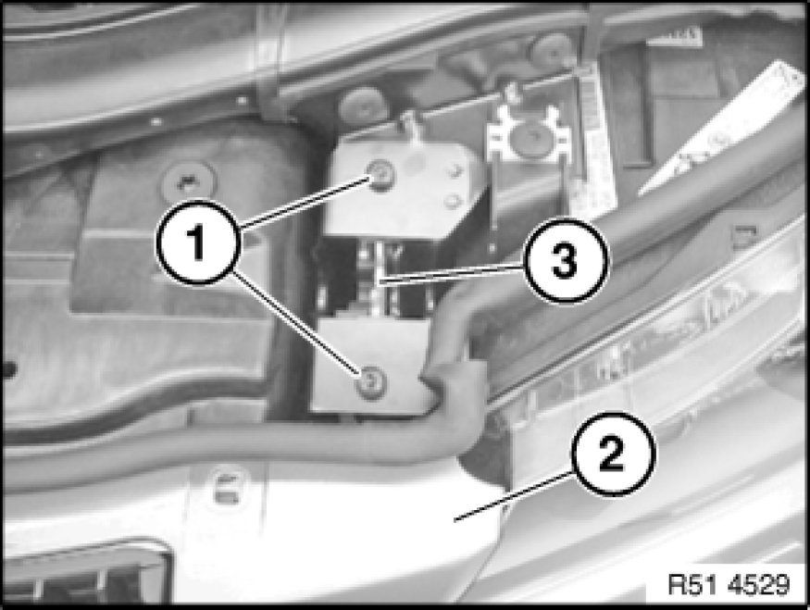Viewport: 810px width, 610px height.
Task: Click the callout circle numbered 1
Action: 198,243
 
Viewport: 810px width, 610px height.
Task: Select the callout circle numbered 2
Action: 613,454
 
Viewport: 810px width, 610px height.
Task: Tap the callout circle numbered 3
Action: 567,260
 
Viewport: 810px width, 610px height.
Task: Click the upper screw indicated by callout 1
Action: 380,175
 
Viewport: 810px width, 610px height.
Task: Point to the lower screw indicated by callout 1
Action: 371,382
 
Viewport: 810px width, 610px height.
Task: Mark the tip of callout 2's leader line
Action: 455,520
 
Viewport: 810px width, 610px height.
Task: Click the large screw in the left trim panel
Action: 189,181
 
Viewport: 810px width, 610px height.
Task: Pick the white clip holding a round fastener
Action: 527,135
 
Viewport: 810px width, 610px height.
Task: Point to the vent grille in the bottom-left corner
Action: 85,572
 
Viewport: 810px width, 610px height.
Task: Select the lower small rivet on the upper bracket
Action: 452,201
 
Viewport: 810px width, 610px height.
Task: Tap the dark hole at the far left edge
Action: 8,369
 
